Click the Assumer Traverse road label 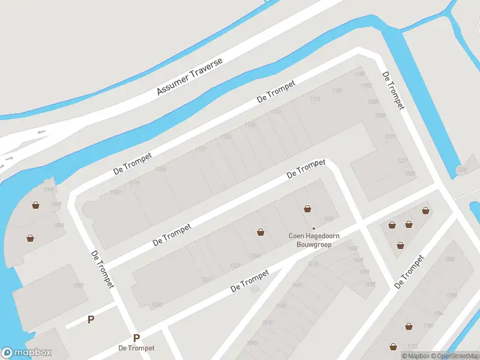click(190, 76)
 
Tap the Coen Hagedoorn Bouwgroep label click(314, 240)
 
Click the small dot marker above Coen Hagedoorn click(313, 228)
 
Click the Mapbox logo click(26, 353)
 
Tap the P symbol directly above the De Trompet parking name click(136, 338)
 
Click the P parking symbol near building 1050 click(91, 320)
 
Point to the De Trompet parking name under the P click(136, 349)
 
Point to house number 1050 click(78, 286)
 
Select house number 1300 click(158, 305)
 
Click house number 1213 click(389, 137)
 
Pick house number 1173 click(315, 100)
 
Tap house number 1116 click(134, 183)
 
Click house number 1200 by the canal click(461, 170)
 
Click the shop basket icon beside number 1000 click(37, 205)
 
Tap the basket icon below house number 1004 click(31, 238)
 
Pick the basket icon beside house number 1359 click(307, 209)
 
